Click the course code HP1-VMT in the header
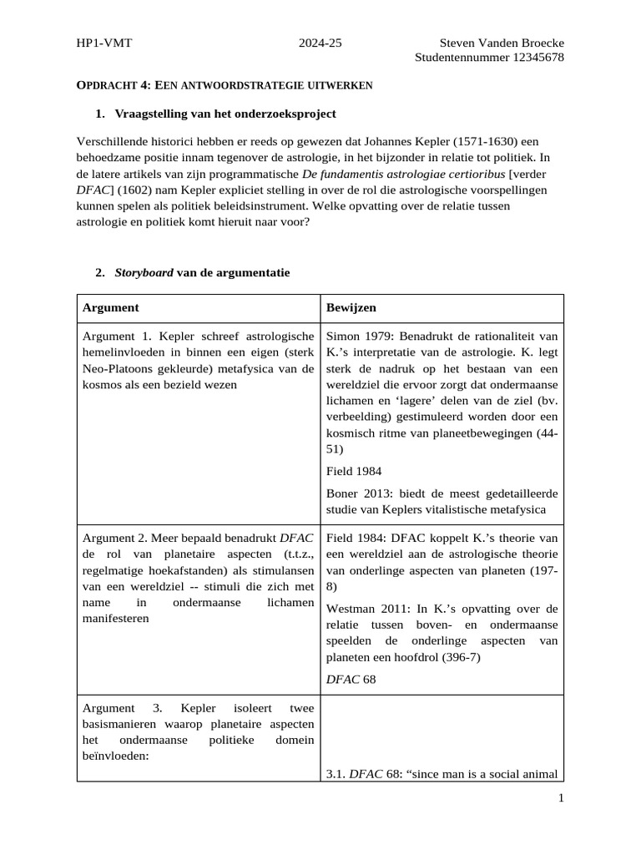[x=103, y=43]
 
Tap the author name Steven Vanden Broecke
[x=501, y=43]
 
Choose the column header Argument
[x=111, y=308]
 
